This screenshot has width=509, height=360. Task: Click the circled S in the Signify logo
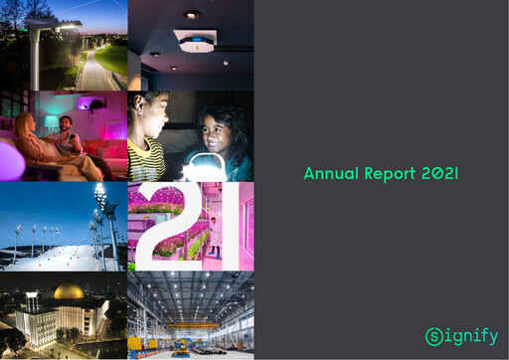pyautogui.click(x=434, y=336)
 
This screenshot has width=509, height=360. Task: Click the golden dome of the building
pyautogui.click(x=68, y=292)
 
